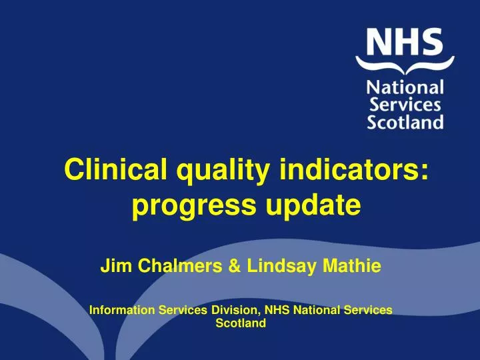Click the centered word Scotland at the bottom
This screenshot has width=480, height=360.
(x=241, y=323)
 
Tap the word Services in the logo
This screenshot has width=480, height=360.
(x=405, y=105)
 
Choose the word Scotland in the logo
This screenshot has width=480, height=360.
(x=405, y=122)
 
